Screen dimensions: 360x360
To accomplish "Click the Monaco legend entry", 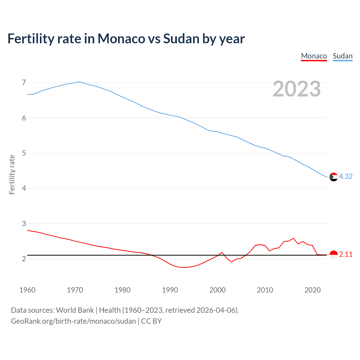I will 314,56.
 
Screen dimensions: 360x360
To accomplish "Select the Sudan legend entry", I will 343,56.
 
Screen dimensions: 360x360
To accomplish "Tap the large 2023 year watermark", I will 296,89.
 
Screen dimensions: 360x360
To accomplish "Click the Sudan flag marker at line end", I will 333,177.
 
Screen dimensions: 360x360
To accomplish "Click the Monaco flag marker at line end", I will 333,255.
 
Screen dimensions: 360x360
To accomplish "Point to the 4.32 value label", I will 346,176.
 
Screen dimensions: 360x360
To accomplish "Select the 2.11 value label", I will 346,254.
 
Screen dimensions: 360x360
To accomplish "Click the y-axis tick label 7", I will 24,83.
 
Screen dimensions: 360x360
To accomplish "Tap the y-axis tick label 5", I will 24,153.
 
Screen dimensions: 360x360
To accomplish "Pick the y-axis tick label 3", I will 24,224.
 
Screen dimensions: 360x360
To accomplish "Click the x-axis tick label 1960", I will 27,290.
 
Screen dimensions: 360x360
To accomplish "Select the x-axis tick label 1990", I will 170,290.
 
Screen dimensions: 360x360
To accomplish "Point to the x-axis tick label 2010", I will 265,290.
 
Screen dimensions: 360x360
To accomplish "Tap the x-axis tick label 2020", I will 312,290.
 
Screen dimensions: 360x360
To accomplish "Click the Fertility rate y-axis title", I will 12,174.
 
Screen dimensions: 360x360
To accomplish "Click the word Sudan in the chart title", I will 181,39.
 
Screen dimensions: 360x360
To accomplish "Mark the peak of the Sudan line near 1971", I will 79,82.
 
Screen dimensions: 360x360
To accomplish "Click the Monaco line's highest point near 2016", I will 293,238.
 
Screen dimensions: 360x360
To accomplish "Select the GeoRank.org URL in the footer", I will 73,321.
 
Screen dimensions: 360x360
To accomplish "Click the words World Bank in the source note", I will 75,310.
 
